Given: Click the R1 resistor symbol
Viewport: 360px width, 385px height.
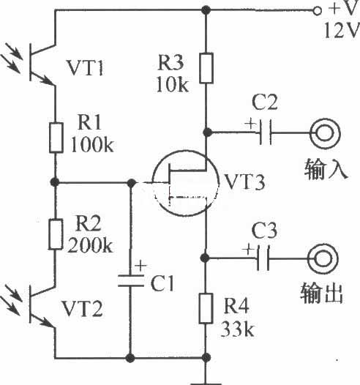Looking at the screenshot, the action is pos(56,138).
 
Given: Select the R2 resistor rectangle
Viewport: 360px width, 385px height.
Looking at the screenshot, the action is pos(55,234).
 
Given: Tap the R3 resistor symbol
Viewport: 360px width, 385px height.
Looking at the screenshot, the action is pos(206,68).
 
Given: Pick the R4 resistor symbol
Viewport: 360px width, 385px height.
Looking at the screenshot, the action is pos(206,308).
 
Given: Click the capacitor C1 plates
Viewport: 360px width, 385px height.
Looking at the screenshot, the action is pos(131,281).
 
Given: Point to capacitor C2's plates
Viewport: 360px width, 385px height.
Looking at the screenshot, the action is pos(266,132).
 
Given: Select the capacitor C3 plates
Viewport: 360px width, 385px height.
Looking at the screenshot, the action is pos(263,258).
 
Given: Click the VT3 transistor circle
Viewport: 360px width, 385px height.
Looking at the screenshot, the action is pos(153,183).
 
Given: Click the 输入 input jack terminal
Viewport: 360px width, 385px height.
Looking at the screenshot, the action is pos(325,133).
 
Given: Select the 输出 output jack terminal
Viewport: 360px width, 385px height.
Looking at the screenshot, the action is pos(323,259).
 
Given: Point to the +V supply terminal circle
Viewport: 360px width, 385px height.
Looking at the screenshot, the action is pos(318,11).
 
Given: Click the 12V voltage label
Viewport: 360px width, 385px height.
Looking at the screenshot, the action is pos(341,31).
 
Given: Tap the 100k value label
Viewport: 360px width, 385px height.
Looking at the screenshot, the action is pos(92,144).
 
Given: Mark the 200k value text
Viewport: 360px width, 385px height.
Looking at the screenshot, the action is pos(90,245).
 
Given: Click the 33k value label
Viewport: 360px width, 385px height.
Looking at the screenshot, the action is pos(237,329).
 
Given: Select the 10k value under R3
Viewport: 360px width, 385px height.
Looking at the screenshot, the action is pos(173,85).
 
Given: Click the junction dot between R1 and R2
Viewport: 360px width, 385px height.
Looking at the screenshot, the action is pos(55,182).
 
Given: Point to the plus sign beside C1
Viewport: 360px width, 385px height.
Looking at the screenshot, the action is pos(141,266).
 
